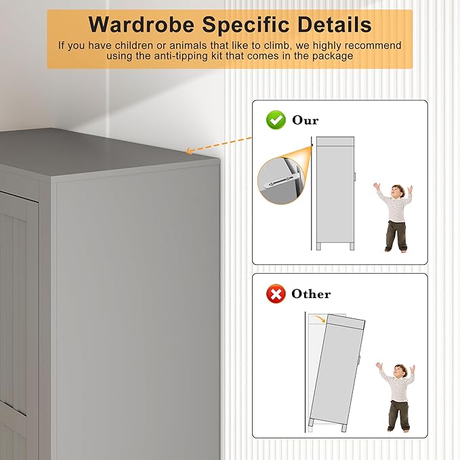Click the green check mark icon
click(275, 121)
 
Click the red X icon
click(275, 294)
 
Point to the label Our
click(305, 121)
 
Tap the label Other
click(311, 294)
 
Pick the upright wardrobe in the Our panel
click(335, 193)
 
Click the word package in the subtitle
click(333, 56)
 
